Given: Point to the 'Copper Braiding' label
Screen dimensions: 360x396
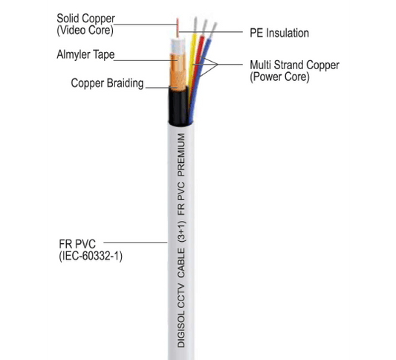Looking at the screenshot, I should pos(106,83).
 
